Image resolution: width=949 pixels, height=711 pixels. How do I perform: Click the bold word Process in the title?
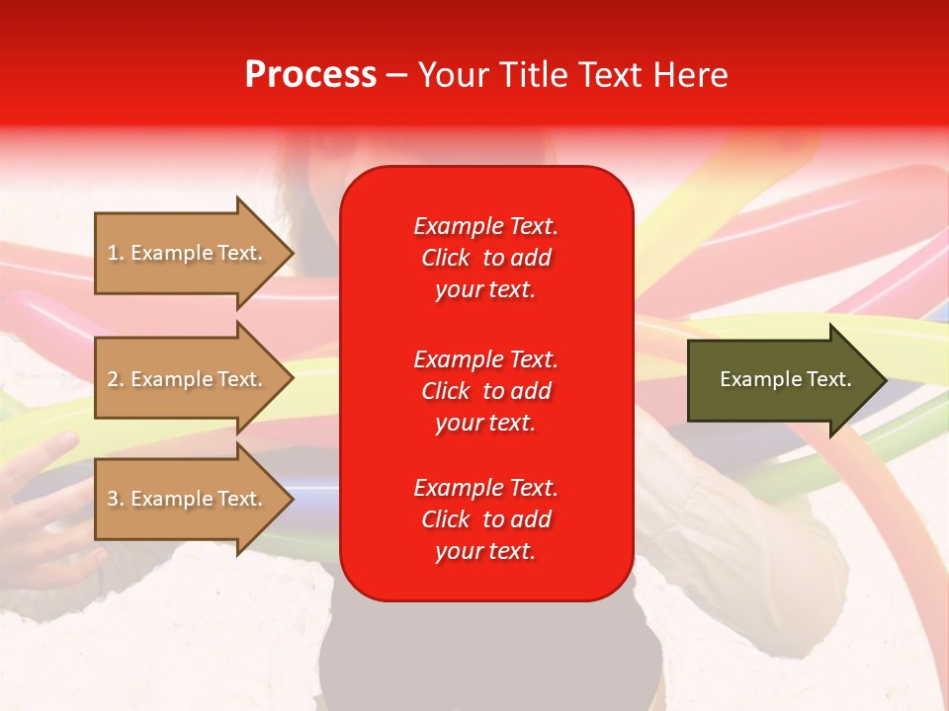click(310, 75)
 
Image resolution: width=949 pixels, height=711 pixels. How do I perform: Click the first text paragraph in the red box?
click(485, 258)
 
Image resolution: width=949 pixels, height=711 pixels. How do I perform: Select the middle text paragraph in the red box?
click(485, 391)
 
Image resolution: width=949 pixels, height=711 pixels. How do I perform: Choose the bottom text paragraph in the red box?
click(485, 519)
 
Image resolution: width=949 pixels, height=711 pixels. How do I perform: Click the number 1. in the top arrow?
click(116, 253)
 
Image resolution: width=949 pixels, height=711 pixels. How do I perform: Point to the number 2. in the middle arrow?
click(116, 379)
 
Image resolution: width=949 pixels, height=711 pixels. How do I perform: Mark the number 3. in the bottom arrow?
click(116, 499)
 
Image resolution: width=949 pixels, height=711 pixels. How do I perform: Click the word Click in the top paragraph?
click(446, 258)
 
